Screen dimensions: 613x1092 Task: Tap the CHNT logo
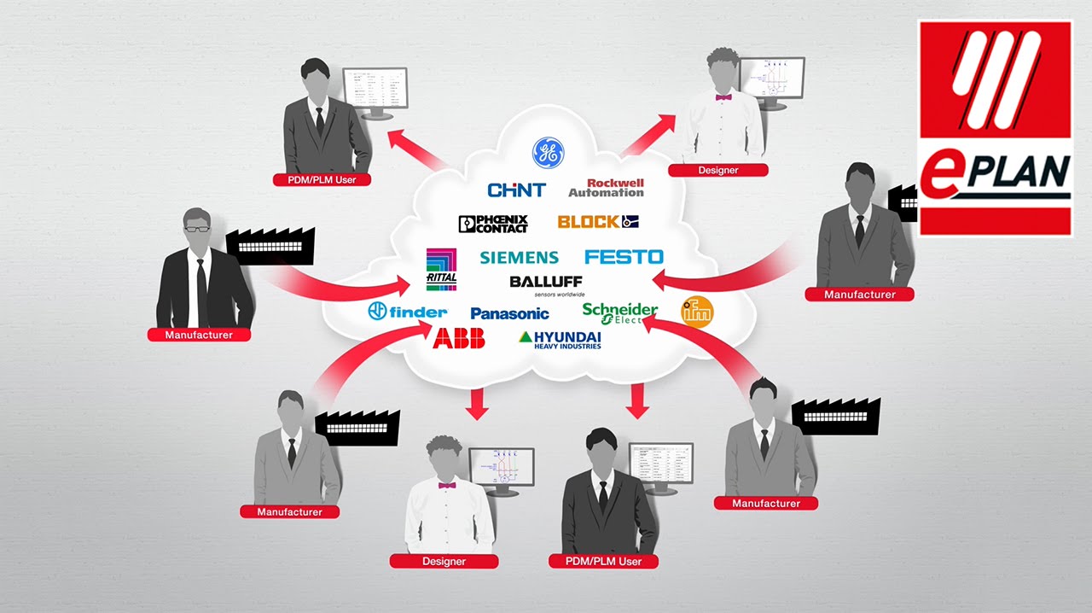coord(515,190)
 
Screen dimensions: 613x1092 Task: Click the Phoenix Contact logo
coord(493,224)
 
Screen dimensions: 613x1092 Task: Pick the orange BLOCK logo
coord(598,222)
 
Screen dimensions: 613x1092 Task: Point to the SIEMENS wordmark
coord(519,257)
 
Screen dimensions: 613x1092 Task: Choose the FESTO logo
coord(624,256)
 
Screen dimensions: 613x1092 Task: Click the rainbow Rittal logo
coord(441,270)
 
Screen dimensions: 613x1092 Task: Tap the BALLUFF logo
coord(546,283)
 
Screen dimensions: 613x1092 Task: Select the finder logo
coord(407,312)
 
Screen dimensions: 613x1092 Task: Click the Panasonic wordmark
coord(509,313)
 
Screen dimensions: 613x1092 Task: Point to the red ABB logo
coord(459,338)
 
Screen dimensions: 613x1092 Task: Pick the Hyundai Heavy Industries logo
coord(560,339)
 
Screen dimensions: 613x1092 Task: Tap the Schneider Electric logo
coord(619,313)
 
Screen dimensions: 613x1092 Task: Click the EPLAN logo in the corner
coord(995,128)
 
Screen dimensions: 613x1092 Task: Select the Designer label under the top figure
coord(717,170)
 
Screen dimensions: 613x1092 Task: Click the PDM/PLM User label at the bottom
coord(603,561)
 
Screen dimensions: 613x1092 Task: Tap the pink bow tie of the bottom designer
coord(447,486)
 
